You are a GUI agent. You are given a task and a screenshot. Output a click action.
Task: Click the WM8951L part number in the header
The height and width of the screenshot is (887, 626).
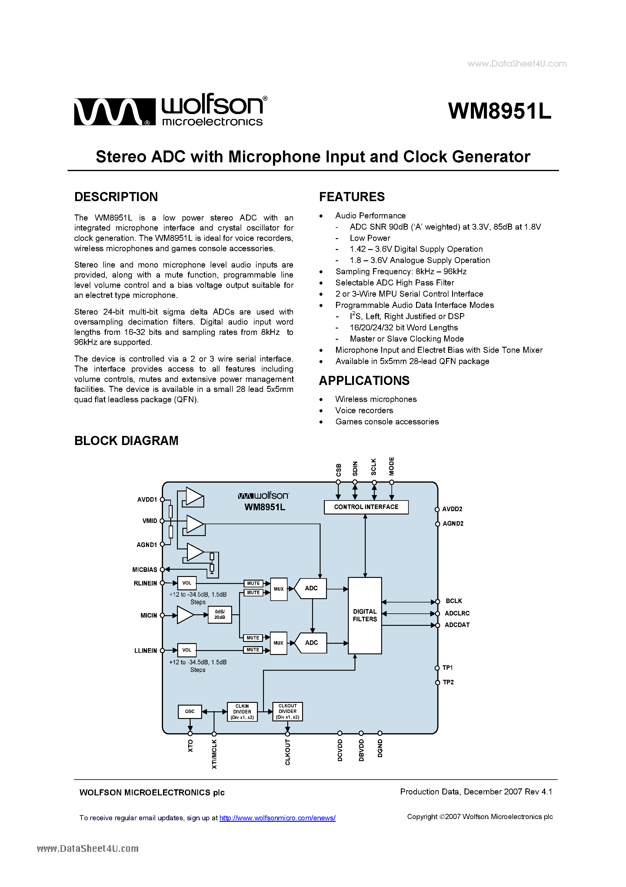pyautogui.click(x=499, y=111)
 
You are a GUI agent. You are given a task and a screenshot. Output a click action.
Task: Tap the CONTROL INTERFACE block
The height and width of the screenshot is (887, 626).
pyautogui.click(x=366, y=507)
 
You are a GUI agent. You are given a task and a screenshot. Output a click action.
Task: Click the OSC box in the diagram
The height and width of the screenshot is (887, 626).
pyautogui.click(x=189, y=711)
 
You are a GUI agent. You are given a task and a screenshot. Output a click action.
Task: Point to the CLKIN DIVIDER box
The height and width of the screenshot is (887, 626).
pyautogui.click(x=242, y=712)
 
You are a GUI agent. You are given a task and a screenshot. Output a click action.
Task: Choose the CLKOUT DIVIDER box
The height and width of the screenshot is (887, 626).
pyautogui.click(x=288, y=711)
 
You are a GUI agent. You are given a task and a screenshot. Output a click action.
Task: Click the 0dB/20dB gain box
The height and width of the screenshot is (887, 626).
pyautogui.click(x=220, y=615)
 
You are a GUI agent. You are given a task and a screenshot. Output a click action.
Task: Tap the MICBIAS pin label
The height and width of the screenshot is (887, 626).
pyautogui.click(x=145, y=569)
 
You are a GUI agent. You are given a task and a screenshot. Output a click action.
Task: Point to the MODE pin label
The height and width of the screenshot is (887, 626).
pyautogui.click(x=391, y=466)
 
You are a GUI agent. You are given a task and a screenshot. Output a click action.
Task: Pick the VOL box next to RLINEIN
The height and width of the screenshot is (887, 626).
pyautogui.click(x=187, y=583)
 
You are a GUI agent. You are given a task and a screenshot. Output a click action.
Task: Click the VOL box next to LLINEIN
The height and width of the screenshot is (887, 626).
pyautogui.click(x=187, y=650)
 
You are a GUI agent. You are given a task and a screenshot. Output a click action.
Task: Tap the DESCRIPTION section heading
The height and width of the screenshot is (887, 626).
pyautogui.click(x=116, y=197)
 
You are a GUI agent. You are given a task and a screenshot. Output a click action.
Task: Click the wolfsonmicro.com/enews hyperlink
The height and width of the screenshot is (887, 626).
pyautogui.click(x=277, y=818)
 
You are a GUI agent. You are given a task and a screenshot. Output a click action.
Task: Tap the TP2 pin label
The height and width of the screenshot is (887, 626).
pyautogui.click(x=448, y=682)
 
